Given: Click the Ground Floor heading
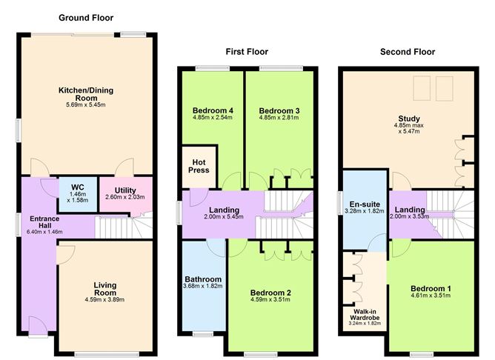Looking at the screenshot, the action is point(86,18).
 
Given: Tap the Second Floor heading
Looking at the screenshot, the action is point(408,52).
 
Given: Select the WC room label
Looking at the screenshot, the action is point(78,187).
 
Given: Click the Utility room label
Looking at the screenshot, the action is point(125,190).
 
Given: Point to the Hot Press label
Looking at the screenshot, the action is point(199,166).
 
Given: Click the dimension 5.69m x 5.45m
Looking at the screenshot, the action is point(86,104).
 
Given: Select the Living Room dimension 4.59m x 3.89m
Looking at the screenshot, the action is point(104,299).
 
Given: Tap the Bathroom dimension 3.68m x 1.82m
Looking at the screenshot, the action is point(203,286).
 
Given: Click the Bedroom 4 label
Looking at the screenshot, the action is point(213,110).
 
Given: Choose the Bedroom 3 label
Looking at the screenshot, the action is point(279,111).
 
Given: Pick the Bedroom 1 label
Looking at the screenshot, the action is point(431,288).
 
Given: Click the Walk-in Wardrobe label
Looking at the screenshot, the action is point(365,315).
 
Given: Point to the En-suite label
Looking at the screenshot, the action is point(365,204).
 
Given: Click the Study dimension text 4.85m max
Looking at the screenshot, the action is point(409,125).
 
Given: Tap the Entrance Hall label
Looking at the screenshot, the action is point(44,221).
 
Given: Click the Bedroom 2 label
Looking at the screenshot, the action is point(270,293).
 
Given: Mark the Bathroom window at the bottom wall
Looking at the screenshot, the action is point(203,333).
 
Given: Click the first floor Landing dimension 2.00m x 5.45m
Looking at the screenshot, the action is point(224,217).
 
